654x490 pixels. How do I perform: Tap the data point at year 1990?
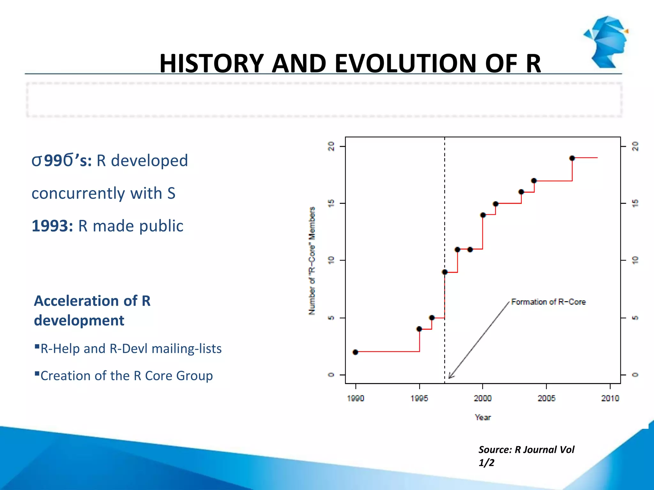355,352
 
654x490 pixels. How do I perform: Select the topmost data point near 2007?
572,158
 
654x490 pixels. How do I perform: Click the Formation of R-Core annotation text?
548,302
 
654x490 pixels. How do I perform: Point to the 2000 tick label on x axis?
483,398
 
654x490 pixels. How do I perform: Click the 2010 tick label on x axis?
610,398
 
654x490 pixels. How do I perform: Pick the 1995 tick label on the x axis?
419,398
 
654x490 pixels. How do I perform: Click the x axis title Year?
483,417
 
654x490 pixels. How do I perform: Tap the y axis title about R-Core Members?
312,261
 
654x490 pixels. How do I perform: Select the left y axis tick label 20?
331,146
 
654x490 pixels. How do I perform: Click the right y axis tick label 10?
635,260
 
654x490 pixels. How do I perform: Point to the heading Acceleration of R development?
92,310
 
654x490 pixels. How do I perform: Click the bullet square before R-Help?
37,346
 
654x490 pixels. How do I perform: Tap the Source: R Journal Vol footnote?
526,449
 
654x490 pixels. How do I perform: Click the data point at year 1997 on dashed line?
445,272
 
